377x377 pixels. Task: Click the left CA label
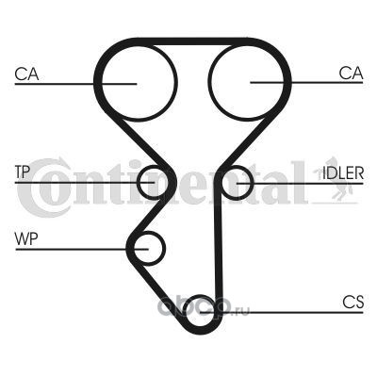pyautogui.click(x=26, y=74)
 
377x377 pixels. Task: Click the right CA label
pyautogui.click(x=351, y=73)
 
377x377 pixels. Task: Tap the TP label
pyautogui.click(x=23, y=172)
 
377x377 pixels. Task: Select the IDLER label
pyautogui.click(x=343, y=172)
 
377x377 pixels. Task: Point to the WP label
pyautogui.click(x=26, y=239)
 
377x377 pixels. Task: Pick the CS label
pyautogui.click(x=353, y=302)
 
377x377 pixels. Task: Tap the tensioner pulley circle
pyautogui.click(x=139, y=182)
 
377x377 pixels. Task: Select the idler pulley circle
pyautogui.click(x=252, y=183)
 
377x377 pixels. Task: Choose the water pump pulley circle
pyautogui.click(x=164, y=249)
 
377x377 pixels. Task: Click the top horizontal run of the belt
pyautogui.click(x=191, y=41)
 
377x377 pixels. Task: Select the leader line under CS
pyautogui.click(x=281, y=313)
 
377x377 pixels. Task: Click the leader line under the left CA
pyautogui.click(x=75, y=84)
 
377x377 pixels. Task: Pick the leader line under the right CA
pyautogui.click(x=306, y=83)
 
